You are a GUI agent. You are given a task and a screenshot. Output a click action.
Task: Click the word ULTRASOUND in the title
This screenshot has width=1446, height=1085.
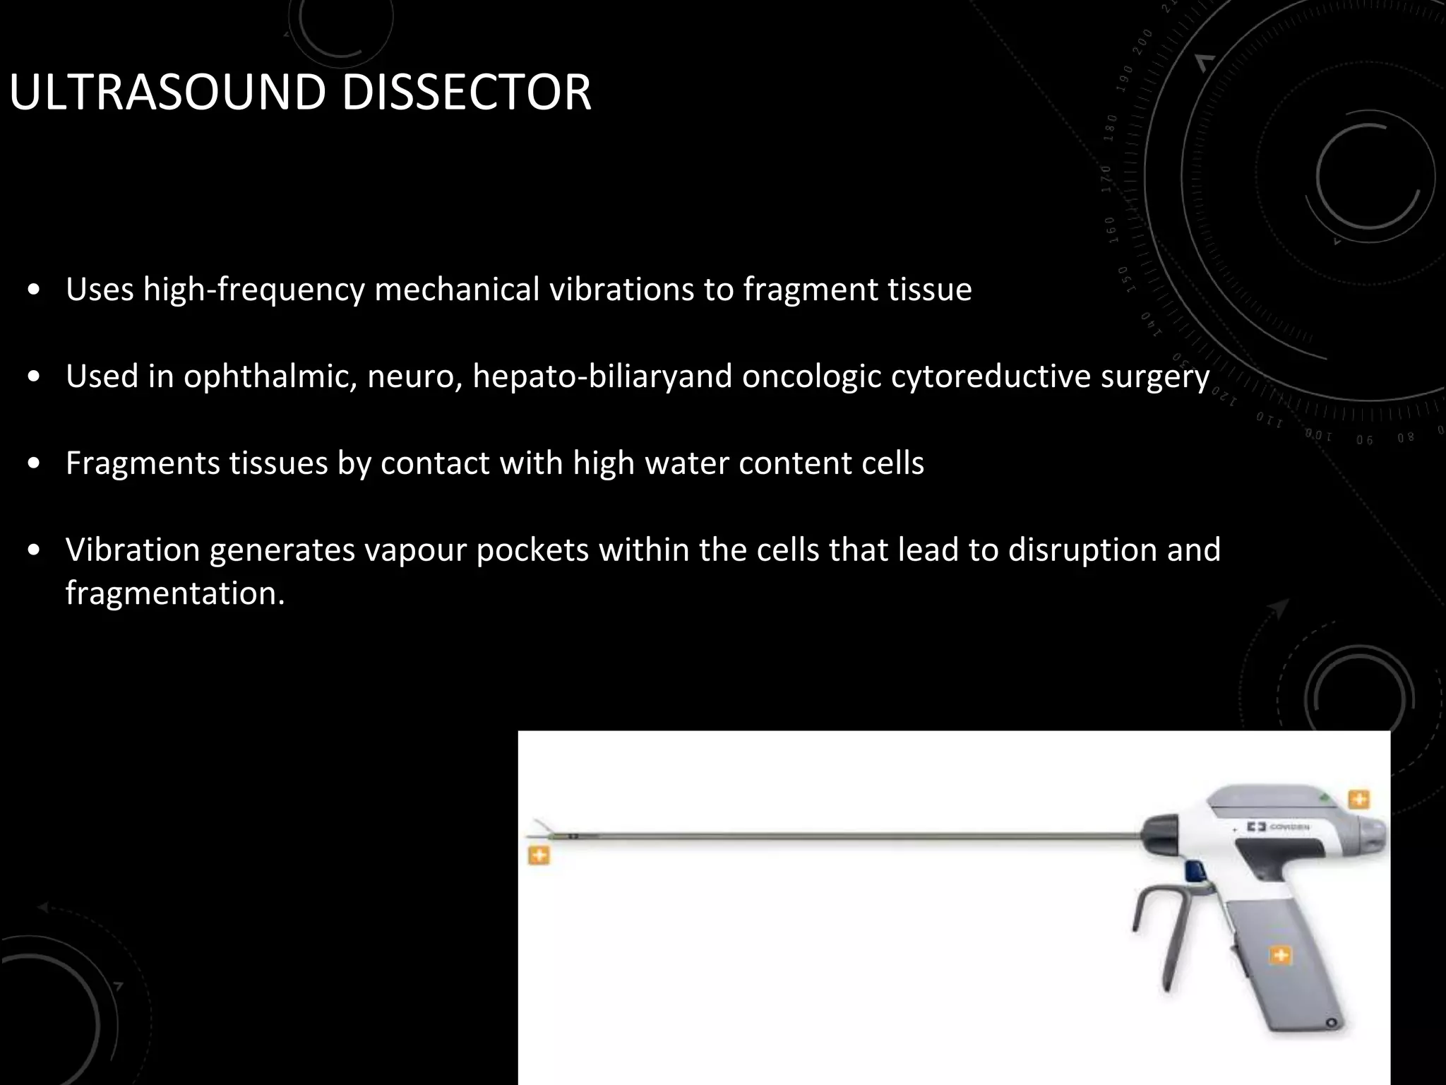(168, 93)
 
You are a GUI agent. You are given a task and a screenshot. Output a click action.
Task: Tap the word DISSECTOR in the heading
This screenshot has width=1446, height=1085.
(466, 93)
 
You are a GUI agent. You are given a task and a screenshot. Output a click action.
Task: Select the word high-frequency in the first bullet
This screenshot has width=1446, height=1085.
(253, 290)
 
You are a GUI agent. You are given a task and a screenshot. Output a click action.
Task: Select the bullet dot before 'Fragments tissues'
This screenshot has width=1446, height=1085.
(34, 464)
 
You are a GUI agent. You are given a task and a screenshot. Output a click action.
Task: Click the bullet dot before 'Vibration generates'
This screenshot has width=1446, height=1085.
(34, 551)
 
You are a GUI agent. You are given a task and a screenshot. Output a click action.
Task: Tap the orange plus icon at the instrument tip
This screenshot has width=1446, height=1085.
(539, 856)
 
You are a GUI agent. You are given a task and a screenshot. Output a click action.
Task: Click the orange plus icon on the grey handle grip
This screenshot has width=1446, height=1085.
(1280, 956)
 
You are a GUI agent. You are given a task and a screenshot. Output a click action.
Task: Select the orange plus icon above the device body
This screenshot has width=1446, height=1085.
(1359, 799)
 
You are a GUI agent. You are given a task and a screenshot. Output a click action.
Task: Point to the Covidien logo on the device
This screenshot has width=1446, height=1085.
(1278, 826)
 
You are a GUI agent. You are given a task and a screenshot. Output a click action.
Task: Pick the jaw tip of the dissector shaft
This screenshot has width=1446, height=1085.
(542, 831)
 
